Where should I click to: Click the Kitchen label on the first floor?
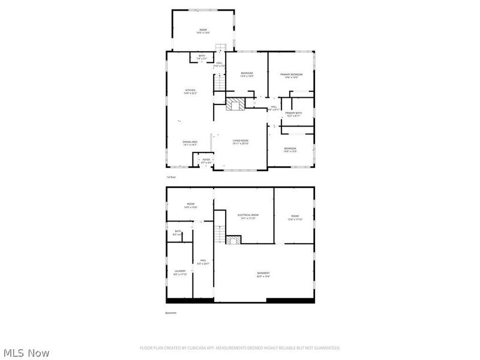click(x=190, y=92)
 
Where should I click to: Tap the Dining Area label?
click(x=190, y=143)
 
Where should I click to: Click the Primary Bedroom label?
click(x=292, y=76)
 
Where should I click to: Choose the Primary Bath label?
click(x=293, y=114)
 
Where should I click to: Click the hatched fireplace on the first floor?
click(x=236, y=104)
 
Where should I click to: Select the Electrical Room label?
click(x=248, y=216)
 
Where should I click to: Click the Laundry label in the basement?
click(x=181, y=272)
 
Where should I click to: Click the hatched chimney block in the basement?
click(x=233, y=239)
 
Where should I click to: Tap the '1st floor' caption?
click(x=172, y=177)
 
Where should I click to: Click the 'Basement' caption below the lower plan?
click(x=171, y=313)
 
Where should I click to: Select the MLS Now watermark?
click(x=26, y=353)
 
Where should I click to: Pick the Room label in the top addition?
click(x=202, y=31)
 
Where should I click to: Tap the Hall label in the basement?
click(x=203, y=261)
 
